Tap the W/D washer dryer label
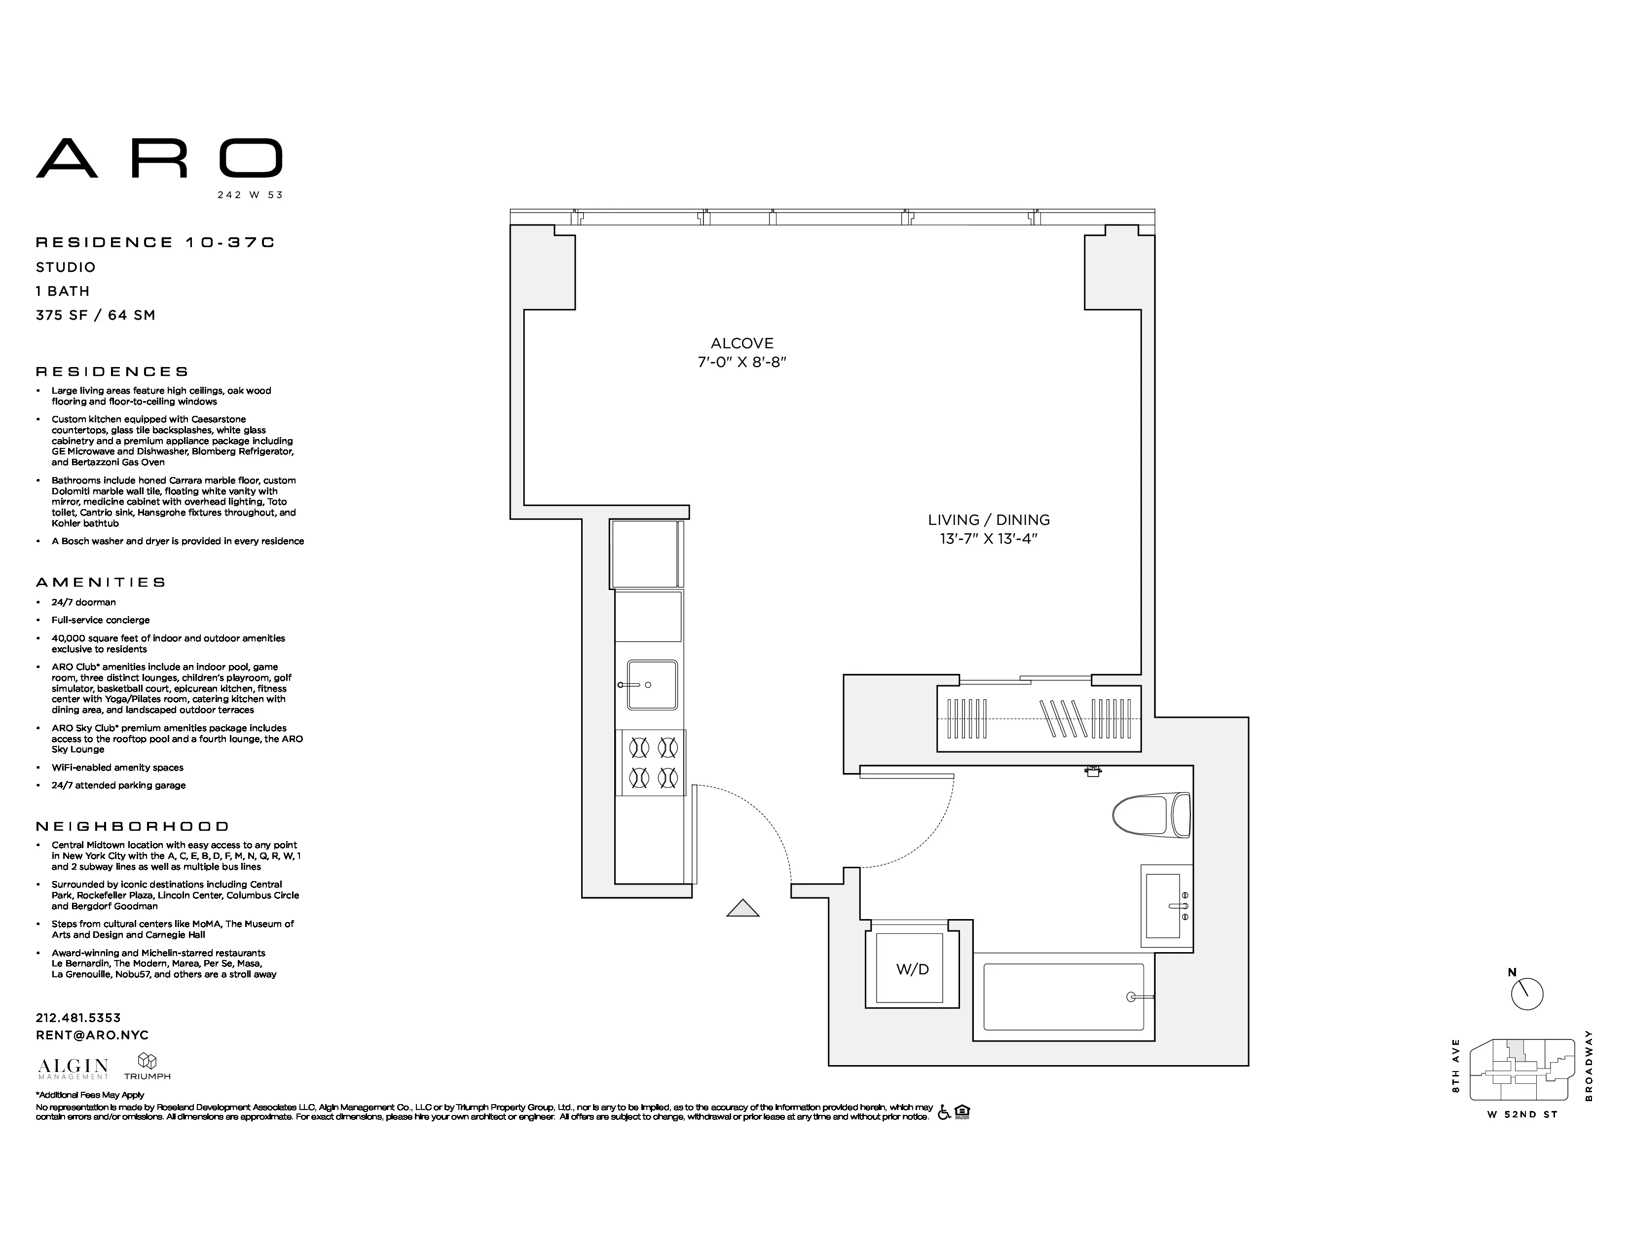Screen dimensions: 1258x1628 tap(912, 969)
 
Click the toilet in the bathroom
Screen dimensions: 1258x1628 tap(1150, 815)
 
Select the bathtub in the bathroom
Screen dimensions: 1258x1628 tap(1063, 997)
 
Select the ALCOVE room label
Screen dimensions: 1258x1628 tap(741, 343)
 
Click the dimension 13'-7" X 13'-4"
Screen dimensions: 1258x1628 tap(989, 539)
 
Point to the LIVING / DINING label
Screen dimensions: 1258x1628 tap(989, 520)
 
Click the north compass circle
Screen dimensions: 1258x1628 tap(1527, 994)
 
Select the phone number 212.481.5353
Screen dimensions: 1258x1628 tap(78, 1017)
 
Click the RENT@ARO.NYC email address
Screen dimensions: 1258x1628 tap(92, 1035)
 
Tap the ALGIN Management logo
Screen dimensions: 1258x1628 tap(73, 1068)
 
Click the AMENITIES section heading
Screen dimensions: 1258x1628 tap(101, 582)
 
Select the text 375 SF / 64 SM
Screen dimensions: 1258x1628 tap(95, 315)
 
